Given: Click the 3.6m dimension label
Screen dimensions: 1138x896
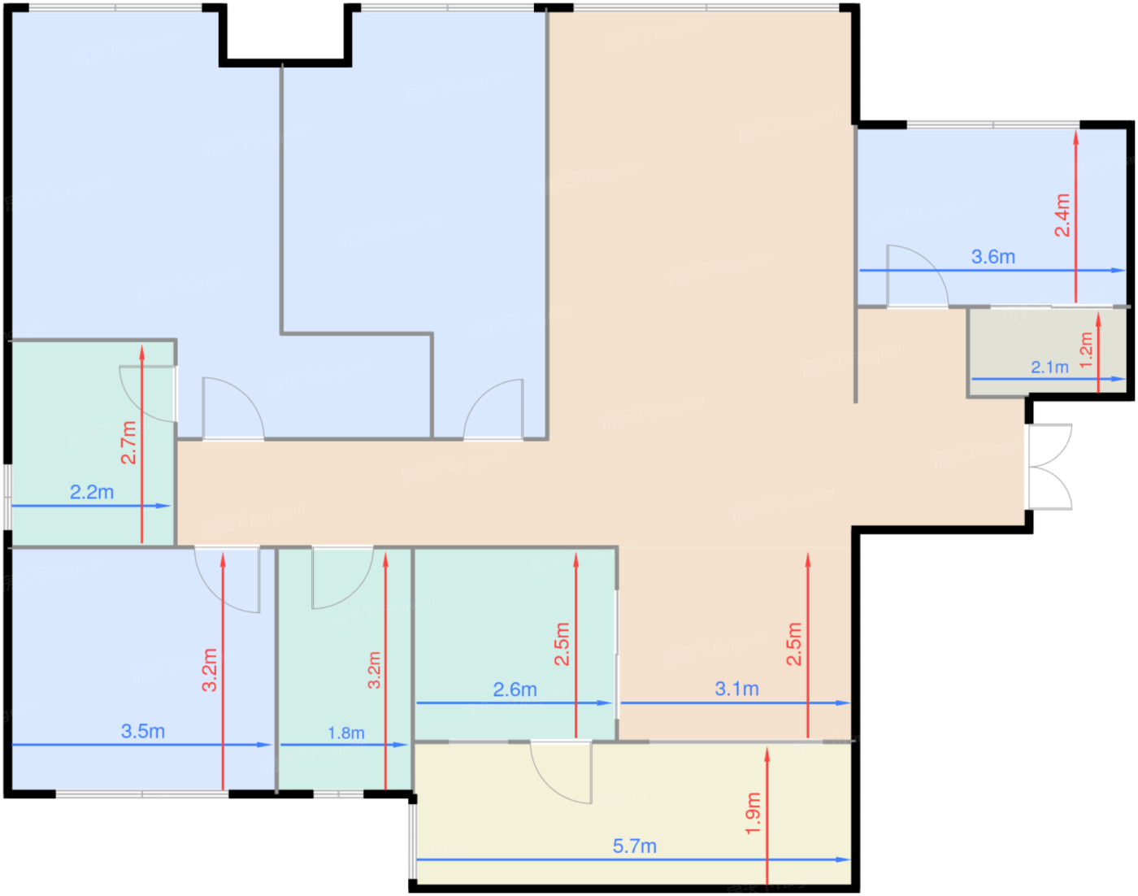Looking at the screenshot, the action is [x=993, y=257].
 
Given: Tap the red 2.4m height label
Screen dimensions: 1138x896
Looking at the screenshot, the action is [x=1062, y=215].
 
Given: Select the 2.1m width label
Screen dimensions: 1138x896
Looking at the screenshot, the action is [x=1049, y=367].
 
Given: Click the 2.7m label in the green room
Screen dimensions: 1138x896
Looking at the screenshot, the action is [x=128, y=442].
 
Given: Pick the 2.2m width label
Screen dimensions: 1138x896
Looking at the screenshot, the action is [x=92, y=493].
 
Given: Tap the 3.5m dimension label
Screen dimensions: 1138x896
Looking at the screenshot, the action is [x=143, y=732].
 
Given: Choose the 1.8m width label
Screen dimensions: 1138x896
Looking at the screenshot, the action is [x=345, y=733].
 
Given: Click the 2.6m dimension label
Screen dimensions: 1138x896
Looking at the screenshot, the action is [x=515, y=689].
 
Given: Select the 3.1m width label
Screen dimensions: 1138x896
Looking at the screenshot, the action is [x=736, y=689].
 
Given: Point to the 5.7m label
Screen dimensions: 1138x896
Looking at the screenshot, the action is [x=635, y=846].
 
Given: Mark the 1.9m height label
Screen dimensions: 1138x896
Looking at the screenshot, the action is [x=753, y=814].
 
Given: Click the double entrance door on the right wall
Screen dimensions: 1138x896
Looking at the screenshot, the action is [x=1049, y=467].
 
